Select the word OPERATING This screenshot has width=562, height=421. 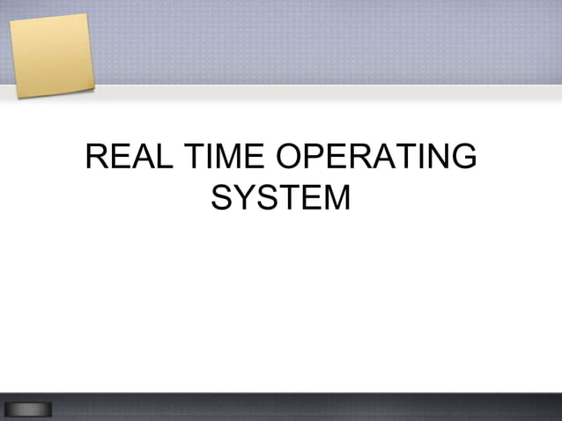point(376,159)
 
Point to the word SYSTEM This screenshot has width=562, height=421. point(281,197)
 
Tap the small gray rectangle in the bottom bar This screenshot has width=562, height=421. point(28,410)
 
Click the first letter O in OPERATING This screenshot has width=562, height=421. point(291,159)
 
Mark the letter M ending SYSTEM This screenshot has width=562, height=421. point(336,197)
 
